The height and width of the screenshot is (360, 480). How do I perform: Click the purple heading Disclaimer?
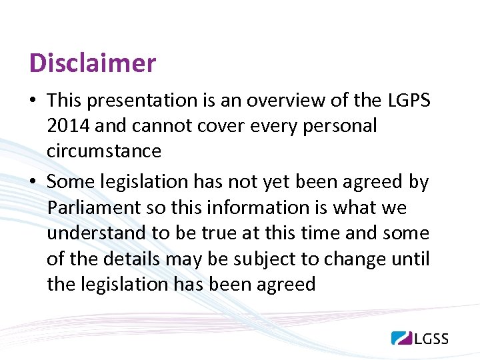pos(93,63)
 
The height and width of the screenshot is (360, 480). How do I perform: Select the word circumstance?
pos(104,151)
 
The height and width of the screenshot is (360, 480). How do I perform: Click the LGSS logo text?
pos(431,338)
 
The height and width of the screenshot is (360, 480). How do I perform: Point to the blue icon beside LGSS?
pos(401,337)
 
